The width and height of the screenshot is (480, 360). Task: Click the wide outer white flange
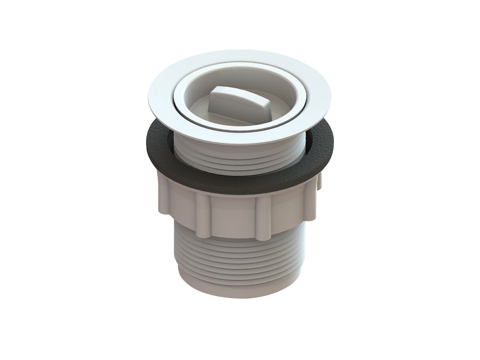tap(160, 108)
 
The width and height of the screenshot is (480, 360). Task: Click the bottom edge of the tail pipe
tap(240, 297)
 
